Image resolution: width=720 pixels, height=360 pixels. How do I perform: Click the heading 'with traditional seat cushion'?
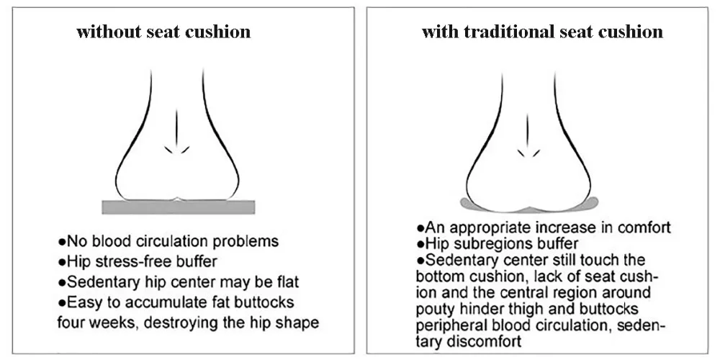[x=541, y=32]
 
